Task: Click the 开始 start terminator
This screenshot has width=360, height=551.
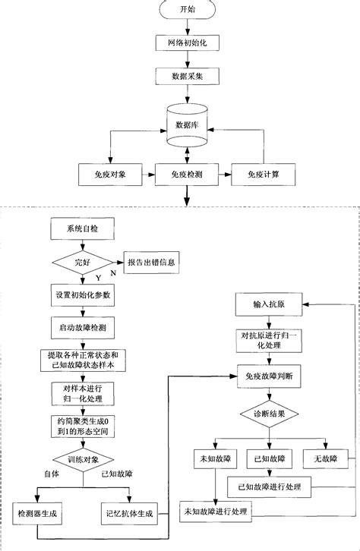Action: (x=186, y=11)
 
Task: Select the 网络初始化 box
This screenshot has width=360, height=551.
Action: (x=186, y=43)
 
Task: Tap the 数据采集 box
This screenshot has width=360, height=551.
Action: (x=186, y=77)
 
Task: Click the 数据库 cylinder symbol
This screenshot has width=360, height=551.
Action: (x=186, y=126)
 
